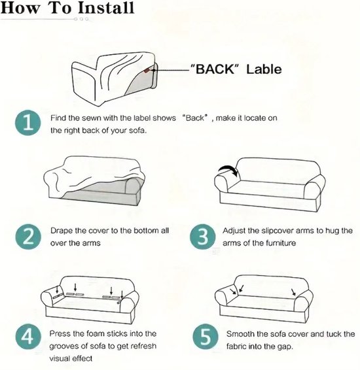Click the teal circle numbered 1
(28, 123)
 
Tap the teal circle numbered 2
(28, 237)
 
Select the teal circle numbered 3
(203, 237)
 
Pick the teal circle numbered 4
(28, 337)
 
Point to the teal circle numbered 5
(205, 337)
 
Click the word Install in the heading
(106, 8)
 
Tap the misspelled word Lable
(264, 69)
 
